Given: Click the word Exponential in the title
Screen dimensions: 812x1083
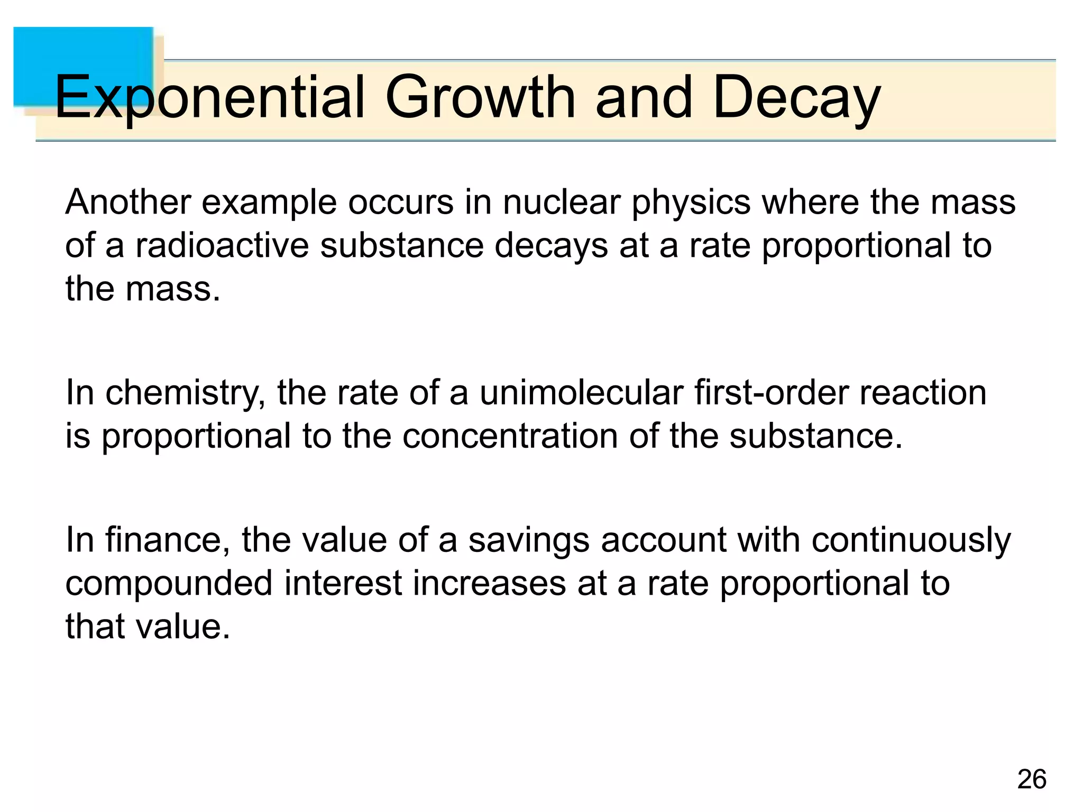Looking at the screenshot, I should pos(209,98).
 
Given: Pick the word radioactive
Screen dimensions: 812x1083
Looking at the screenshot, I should pos(222,246).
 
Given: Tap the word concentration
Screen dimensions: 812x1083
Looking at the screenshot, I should pos(510,437).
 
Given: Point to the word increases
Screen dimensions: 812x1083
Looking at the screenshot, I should pos(489,584).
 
